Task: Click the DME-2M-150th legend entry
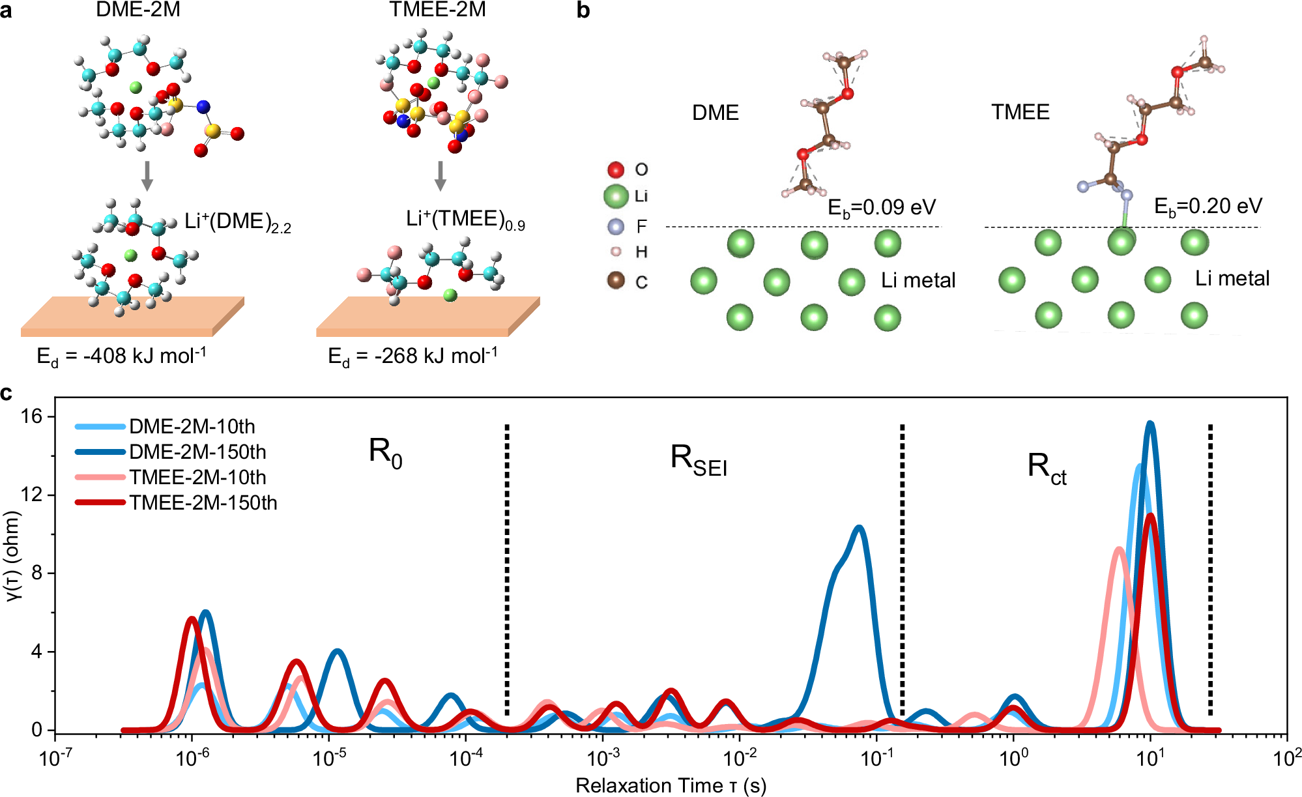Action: click(x=197, y=452)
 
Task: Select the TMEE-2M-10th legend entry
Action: click(x=197, y=477)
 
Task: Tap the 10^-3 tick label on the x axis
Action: click(x=603, y=758)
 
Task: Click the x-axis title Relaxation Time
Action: click(x=671, y=785)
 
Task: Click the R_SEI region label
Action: click(x=698, y=460)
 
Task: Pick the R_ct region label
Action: click(x=1046, y=469)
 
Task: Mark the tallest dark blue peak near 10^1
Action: click(x=1150, y=424)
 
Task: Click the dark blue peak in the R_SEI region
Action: click(x=860, y=528)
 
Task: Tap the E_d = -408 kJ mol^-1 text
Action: click(x=122, y=356)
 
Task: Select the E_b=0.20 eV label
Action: click(x=1208, y=207)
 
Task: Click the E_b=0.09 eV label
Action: click(x=881, y=208)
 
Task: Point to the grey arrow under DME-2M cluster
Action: click(x=147, y=175)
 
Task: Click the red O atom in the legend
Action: click(x=616, y=170)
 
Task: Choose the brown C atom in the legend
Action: click(x=616, y=281)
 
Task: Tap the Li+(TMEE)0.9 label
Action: click(x=465, y=220)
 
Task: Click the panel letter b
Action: click(x=583, y=11)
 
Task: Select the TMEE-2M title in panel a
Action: click(x=437, y=9)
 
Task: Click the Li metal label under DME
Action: click(x=918, y=281)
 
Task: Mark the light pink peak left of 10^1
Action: click(x=1119, y=549)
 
